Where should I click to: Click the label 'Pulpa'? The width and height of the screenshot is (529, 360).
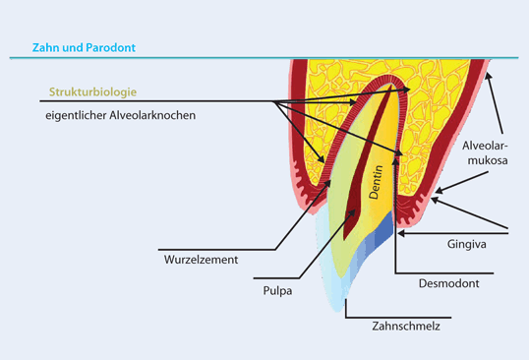tap(251, 292)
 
